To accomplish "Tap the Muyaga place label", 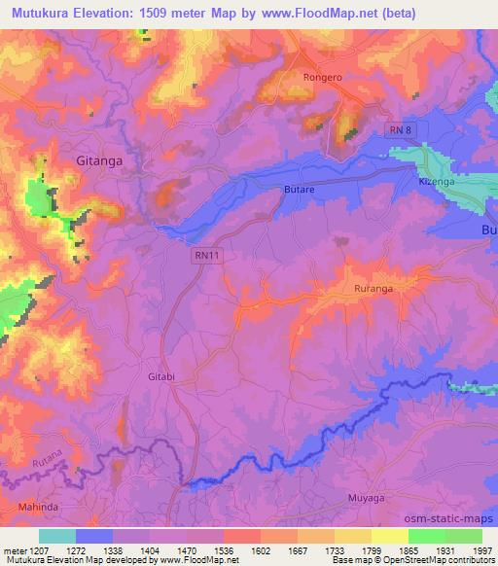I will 368,499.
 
